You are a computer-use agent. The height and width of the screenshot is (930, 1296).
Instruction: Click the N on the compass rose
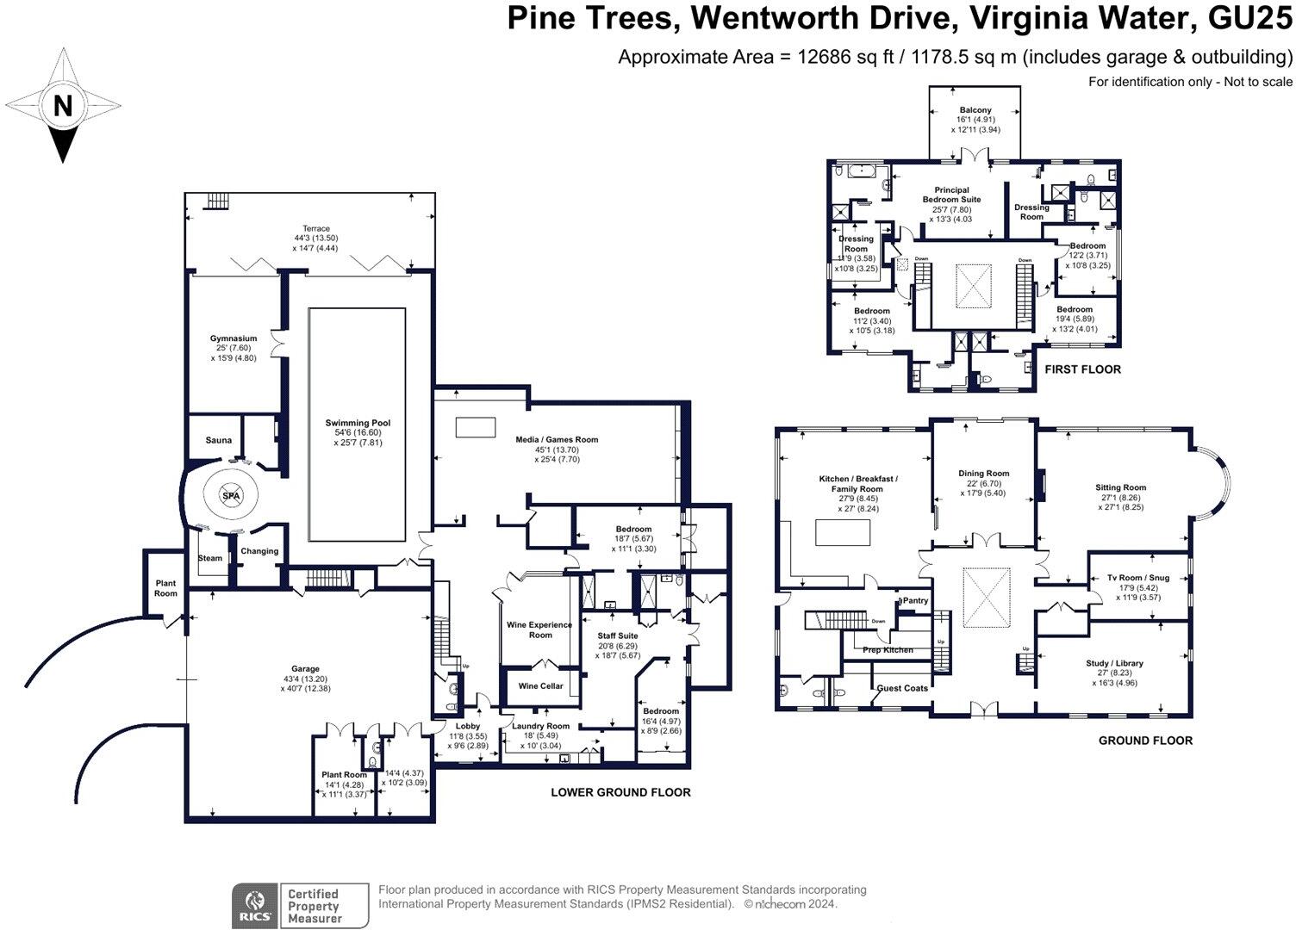(x=62, y=106)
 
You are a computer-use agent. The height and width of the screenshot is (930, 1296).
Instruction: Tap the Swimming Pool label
(x=358, y=423)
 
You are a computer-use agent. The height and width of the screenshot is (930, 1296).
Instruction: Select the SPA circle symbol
(x=231, y=497)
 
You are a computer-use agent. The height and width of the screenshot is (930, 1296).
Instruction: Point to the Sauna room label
(x=218, y=440)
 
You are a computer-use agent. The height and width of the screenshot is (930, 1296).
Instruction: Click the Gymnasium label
(x=234, y=338)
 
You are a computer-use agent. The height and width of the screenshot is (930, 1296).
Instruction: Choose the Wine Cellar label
(x=540, y=686)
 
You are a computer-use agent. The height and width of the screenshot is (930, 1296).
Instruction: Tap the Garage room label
(x=305, y=669)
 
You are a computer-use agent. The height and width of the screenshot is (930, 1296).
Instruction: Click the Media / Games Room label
(x=557, y=439)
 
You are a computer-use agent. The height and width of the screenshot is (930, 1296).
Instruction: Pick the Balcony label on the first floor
(x=975, y=110)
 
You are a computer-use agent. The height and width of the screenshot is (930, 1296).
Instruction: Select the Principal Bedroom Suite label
(x=951, y=195)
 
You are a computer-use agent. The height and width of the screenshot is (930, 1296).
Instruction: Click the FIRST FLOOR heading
(x=1082, y=369)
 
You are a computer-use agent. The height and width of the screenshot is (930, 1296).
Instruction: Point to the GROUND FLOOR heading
(x=1145, y=741)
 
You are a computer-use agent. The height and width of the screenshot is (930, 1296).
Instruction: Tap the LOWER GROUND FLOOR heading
(x=620, y=792)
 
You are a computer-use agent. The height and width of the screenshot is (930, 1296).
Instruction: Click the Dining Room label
(x=983, y=474)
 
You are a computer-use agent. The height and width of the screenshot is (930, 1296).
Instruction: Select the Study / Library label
(x=1114, y=663)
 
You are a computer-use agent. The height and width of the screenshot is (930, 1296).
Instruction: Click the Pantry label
(x=915, y=600)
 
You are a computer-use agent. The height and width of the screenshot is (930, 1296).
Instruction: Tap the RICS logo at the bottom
(x=254, y=906)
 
